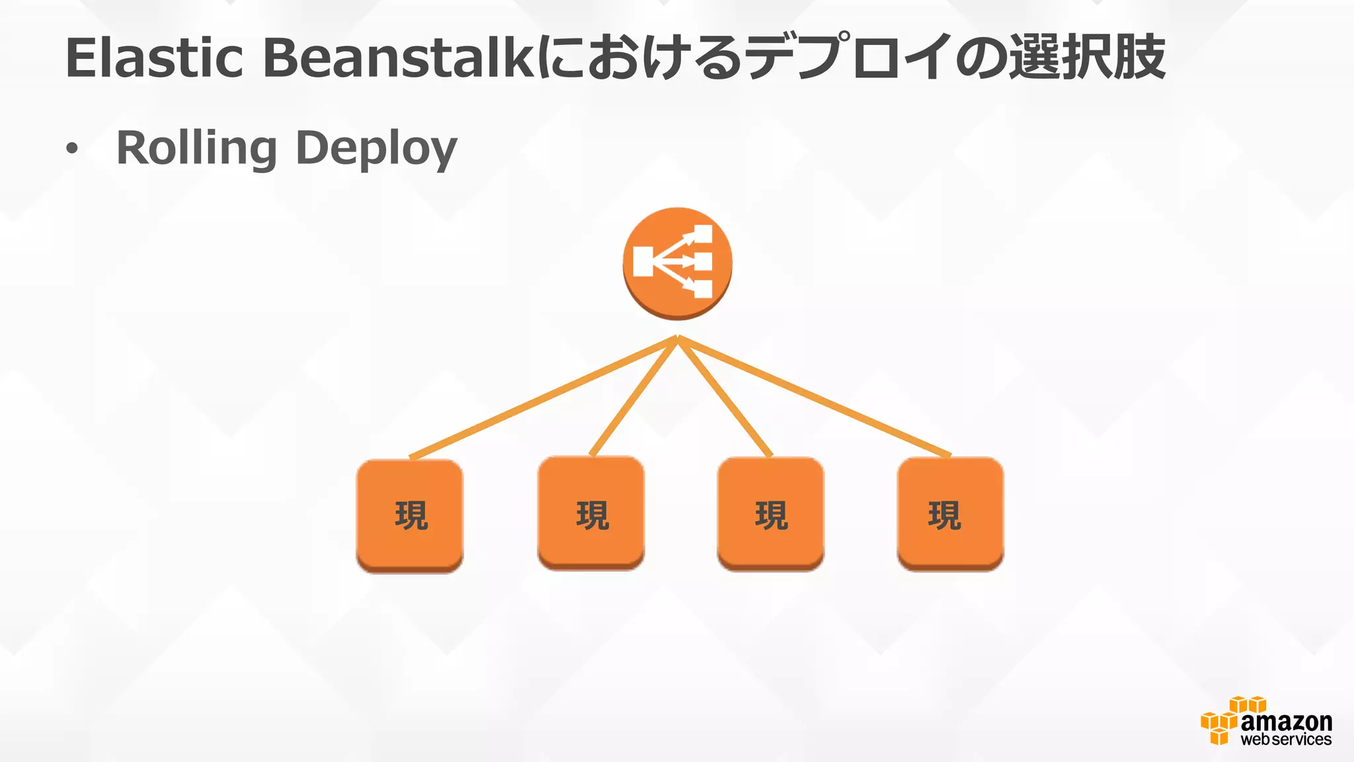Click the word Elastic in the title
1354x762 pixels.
155,58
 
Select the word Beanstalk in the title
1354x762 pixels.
399,58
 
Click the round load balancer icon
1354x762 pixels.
677,263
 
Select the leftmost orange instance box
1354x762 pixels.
410,515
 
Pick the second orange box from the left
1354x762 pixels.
591,513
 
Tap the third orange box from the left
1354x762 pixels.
771,514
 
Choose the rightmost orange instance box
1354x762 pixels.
951,514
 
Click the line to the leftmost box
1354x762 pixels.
542,397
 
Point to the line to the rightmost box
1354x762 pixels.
813,397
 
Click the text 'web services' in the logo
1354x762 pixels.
1286,740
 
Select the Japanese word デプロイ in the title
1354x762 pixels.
850,58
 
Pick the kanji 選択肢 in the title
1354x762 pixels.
1087,58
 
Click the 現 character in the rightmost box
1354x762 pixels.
944,515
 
